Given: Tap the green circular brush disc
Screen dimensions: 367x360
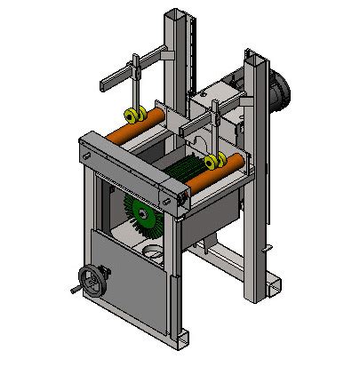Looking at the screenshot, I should (x=141, y=212).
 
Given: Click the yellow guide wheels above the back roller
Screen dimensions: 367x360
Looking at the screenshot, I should (x=135, y=114).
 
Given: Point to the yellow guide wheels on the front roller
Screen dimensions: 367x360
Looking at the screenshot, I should (x=212, y=161).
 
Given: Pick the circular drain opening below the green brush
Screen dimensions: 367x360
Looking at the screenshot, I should (x=152, y=254).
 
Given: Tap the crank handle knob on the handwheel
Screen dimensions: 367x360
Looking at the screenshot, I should (x=73, y=290).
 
